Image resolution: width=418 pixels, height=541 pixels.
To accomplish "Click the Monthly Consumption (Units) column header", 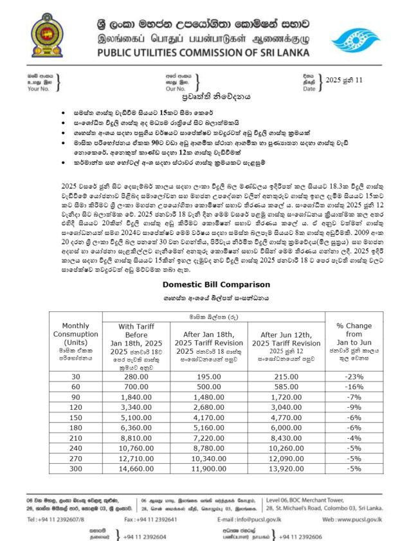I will click(x=75, y=339).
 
